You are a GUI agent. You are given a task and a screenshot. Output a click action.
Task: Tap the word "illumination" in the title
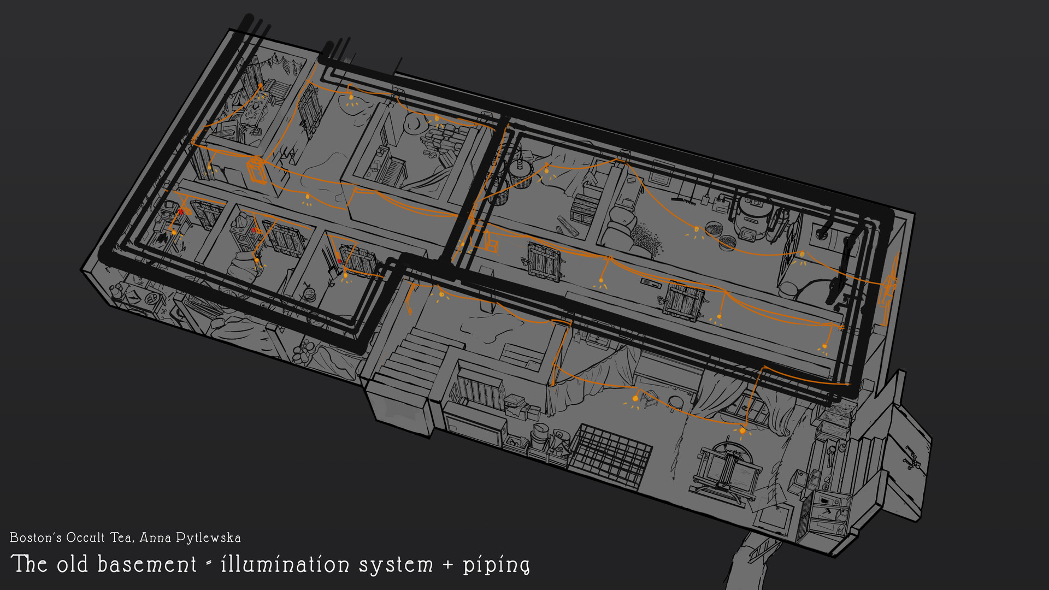point(285,565)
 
